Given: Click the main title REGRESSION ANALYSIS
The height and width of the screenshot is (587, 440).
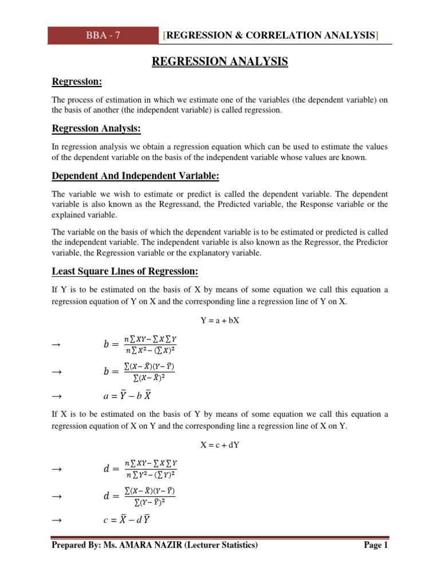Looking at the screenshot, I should point(219,61).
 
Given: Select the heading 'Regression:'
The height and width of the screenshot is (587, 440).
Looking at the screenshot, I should point(77,82).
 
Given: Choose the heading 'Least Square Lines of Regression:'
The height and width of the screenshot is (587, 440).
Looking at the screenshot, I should point(125,271).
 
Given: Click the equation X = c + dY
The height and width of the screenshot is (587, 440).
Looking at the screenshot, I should point(219,445).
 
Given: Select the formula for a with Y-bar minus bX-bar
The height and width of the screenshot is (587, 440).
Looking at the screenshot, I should point(127,396).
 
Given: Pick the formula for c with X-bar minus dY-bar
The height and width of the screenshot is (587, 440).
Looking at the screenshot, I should point(127,520).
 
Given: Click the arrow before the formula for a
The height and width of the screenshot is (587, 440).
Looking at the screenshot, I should point(56,396).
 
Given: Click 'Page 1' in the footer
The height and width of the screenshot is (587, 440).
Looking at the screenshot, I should point(376,546).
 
